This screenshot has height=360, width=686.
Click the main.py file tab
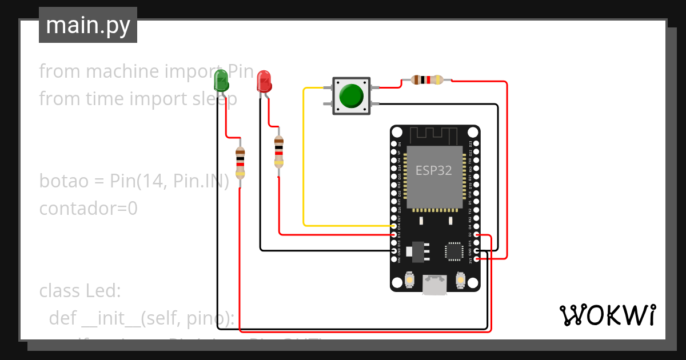point(87,25)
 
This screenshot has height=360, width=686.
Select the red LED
point(264,81)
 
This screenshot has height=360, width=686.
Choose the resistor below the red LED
point(278,151)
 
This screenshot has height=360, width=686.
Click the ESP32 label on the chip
point(433,170)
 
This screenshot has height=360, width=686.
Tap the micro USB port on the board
point(435,284)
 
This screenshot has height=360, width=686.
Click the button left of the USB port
point(409,281)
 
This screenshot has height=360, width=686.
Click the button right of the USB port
point(461,281)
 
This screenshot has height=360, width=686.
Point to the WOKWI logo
point(607,315)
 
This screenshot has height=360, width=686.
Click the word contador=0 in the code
point(88,209)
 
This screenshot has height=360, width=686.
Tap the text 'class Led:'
point(80,291)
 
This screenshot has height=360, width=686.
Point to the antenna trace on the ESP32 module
point(435,135)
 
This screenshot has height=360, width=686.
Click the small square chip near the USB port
point(454,251)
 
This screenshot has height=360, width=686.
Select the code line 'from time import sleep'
point(138,99)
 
